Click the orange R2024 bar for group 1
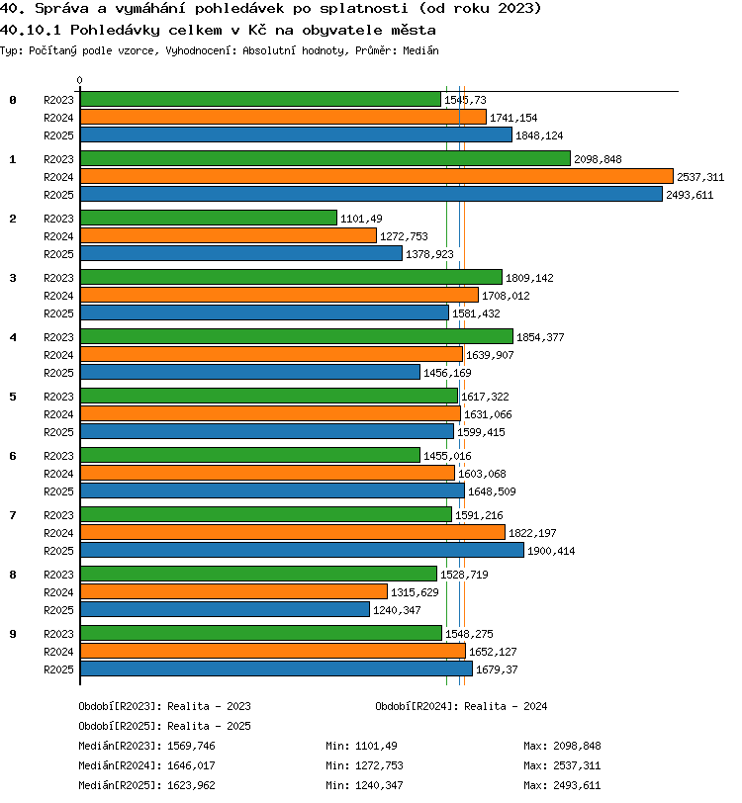377,176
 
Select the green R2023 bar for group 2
209,218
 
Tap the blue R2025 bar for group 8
225,609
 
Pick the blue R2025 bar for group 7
303,550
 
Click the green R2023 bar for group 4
297,336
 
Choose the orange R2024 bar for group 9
273,651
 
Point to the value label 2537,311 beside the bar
700,177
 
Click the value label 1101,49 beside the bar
361,219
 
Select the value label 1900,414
551,551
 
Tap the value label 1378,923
429,254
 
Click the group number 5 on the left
13,397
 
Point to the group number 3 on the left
13,278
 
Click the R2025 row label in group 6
58,491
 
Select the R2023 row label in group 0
58,100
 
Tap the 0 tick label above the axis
79,80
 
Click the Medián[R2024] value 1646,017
191,765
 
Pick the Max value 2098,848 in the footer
577,746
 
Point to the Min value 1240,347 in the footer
379,785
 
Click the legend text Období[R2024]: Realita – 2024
461,706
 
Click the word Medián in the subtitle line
420,50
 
